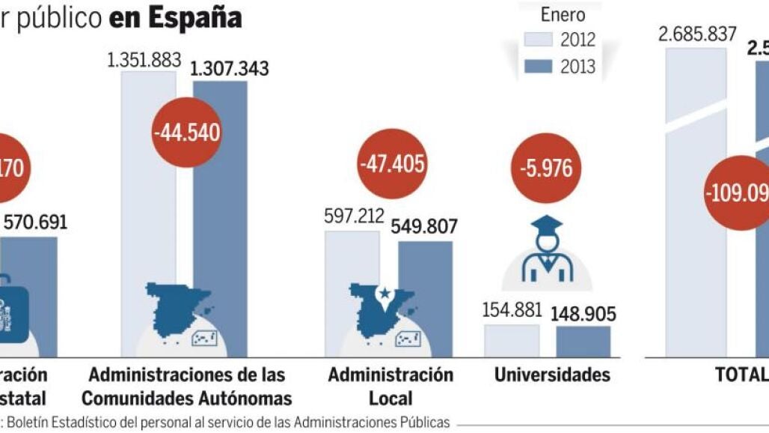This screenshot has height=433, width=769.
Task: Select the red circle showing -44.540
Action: pos(187,133)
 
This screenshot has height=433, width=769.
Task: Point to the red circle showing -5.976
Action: pos(546,167)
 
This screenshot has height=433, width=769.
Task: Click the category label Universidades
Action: pos(552,374)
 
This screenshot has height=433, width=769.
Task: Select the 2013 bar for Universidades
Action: pos(583,341)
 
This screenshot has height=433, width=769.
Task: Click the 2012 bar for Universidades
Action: pos(512,340)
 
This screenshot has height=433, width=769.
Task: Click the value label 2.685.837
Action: pos(697,34)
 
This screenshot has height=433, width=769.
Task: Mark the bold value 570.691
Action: pos(36,222)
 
